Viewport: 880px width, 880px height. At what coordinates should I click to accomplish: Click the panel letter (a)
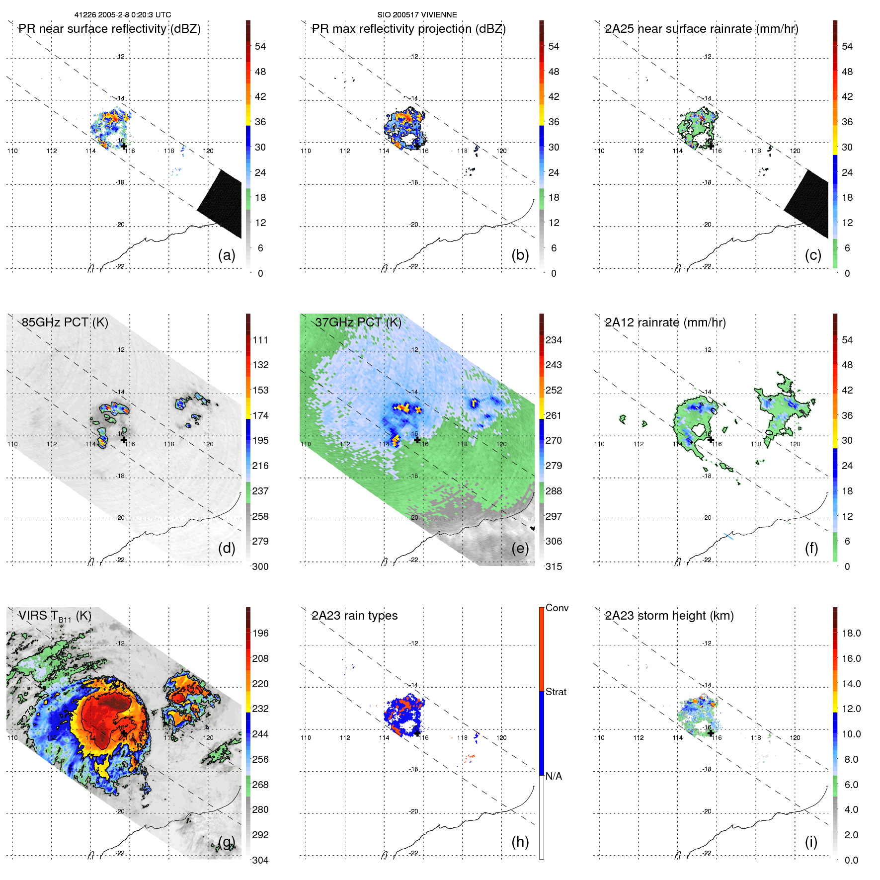(227, 255)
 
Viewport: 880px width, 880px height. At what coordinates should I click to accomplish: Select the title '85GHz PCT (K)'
(65, 322)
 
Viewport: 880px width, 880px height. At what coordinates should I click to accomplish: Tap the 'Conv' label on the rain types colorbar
(557, 608)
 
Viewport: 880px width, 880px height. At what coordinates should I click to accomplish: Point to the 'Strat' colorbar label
(556, 692)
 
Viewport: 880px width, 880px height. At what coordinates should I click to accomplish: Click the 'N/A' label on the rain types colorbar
(554, 777)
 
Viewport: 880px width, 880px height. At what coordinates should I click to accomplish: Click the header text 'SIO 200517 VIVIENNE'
(417, 15)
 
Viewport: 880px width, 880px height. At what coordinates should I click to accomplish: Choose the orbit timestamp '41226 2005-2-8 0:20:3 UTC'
(123, 15)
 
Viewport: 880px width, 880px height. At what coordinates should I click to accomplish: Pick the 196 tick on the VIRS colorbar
(260, 634)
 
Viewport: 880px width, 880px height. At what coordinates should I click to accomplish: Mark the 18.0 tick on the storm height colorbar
(851, 634)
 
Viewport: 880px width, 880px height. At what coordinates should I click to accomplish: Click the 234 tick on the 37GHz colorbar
(554, 340)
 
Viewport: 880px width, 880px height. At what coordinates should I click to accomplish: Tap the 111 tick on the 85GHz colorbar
(260, 340)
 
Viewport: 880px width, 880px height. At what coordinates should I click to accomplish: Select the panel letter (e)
(520, 549)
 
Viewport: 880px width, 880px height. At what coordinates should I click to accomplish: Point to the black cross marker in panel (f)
(711, 440)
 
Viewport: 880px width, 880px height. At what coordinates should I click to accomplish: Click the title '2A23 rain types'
(354, 616)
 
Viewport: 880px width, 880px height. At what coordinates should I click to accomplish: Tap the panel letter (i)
(811, 842)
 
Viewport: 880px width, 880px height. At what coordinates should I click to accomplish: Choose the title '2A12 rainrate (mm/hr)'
(665, 322)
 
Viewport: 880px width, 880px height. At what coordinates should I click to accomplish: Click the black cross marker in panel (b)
(417, 147)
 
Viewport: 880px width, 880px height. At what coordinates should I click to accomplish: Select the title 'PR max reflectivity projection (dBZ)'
(408, 29)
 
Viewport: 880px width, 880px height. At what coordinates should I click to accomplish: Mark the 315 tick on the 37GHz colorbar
(554, 567)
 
